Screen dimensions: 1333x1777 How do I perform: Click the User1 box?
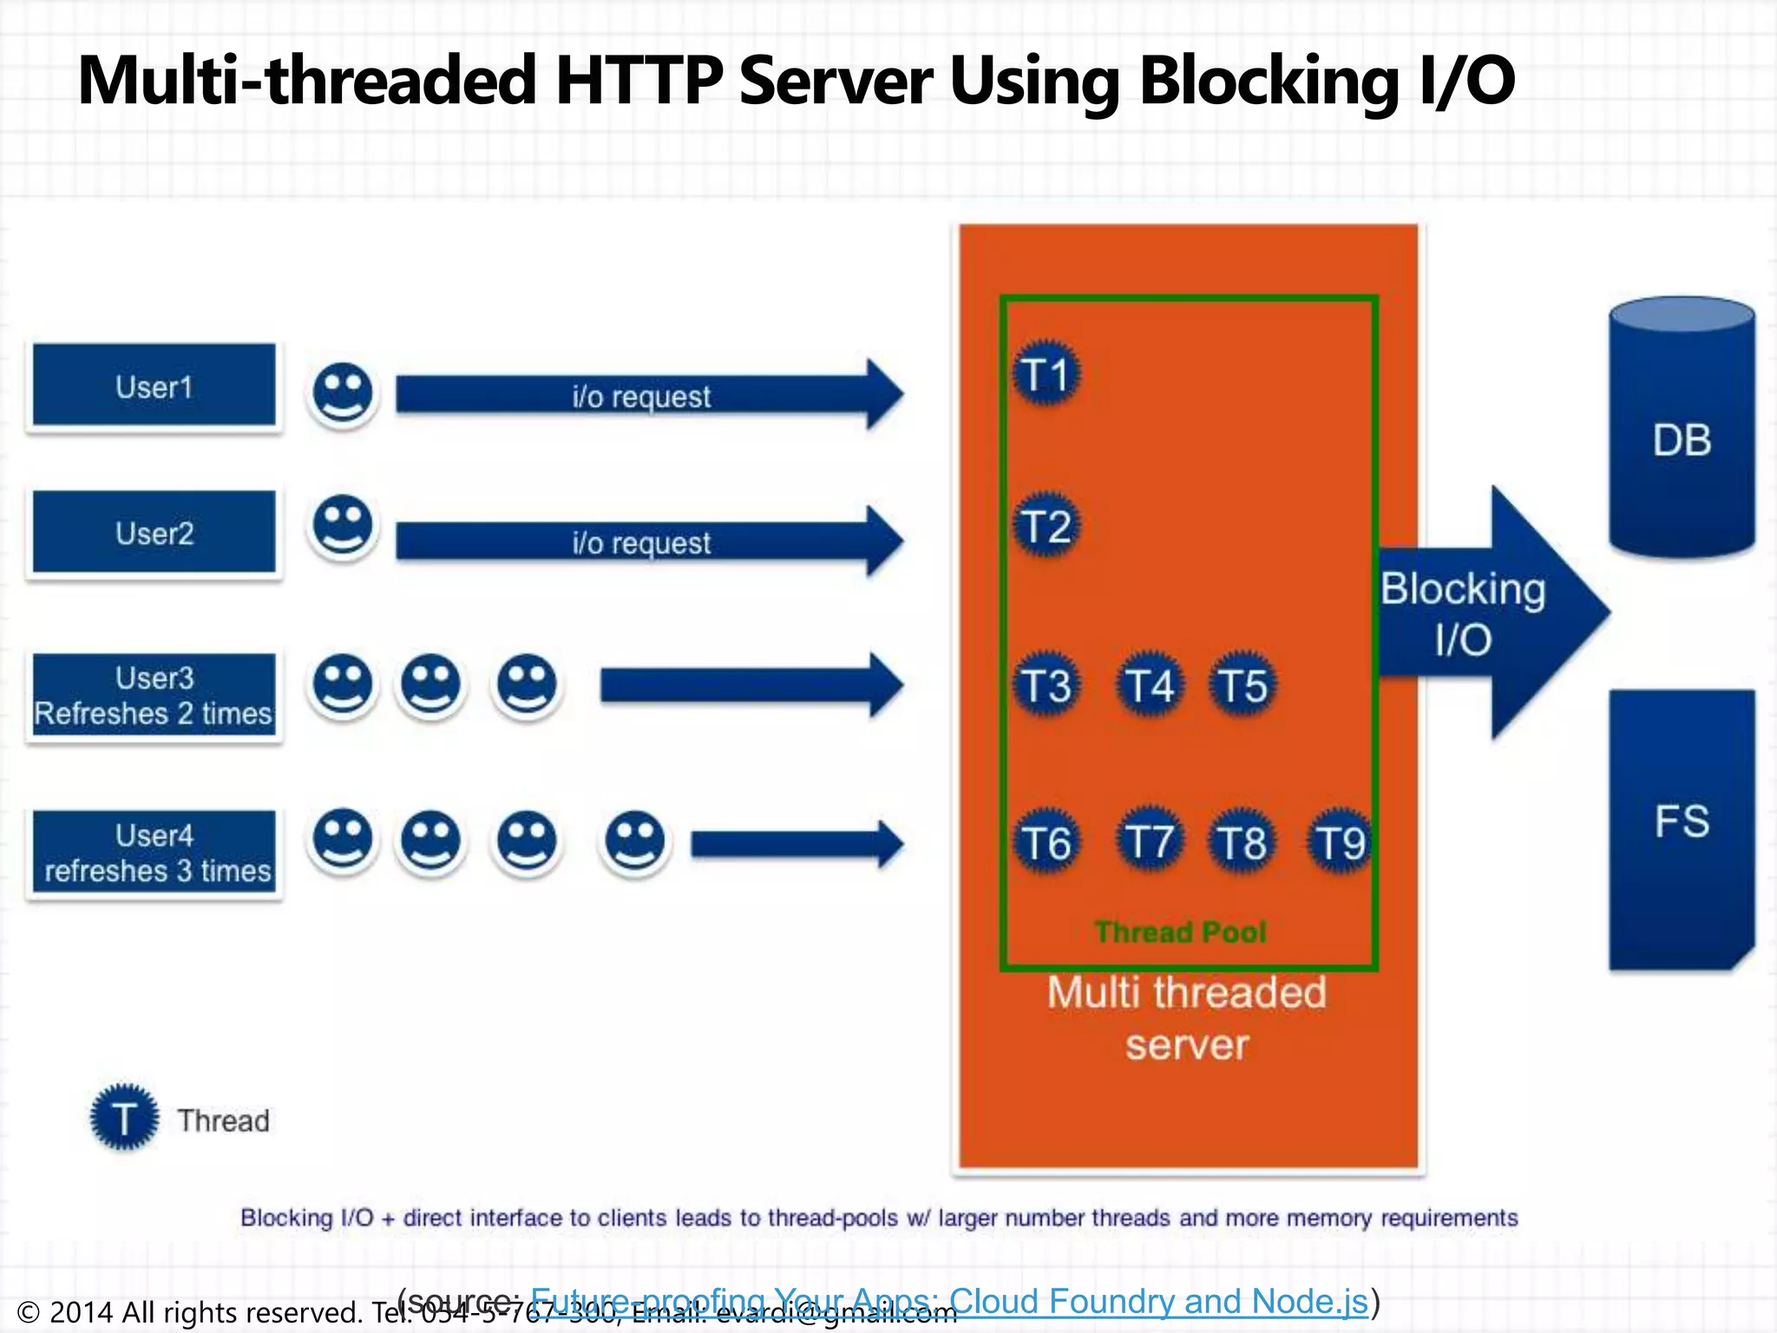(x=154, y=385)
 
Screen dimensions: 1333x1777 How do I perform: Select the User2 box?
(x=154, y=532)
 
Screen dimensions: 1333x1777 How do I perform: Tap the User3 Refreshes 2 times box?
(x=154, y=695)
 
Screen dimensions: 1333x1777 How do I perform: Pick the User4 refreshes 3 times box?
(x=154, y=852)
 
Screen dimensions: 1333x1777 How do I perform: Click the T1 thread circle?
(x=1046, y=375)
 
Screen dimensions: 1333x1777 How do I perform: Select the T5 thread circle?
(x=1243, y=685)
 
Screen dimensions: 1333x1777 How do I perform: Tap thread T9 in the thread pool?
(x=1340, y=842)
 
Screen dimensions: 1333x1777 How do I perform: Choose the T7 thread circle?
(x=1149, y=842)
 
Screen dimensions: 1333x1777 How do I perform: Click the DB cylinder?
(x=1682, y=430)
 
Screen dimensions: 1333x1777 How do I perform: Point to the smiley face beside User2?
(x=343, y=526)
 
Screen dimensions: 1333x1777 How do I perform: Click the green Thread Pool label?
(x=1180, y=932)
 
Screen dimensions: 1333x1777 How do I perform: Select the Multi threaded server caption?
(x=1187, y=1018)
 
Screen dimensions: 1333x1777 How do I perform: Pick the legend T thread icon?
(x=124, y=1118)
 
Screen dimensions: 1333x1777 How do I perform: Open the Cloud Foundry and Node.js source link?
(x=949, y=1301)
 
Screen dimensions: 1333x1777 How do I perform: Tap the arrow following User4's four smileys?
(x=797, y=844)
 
